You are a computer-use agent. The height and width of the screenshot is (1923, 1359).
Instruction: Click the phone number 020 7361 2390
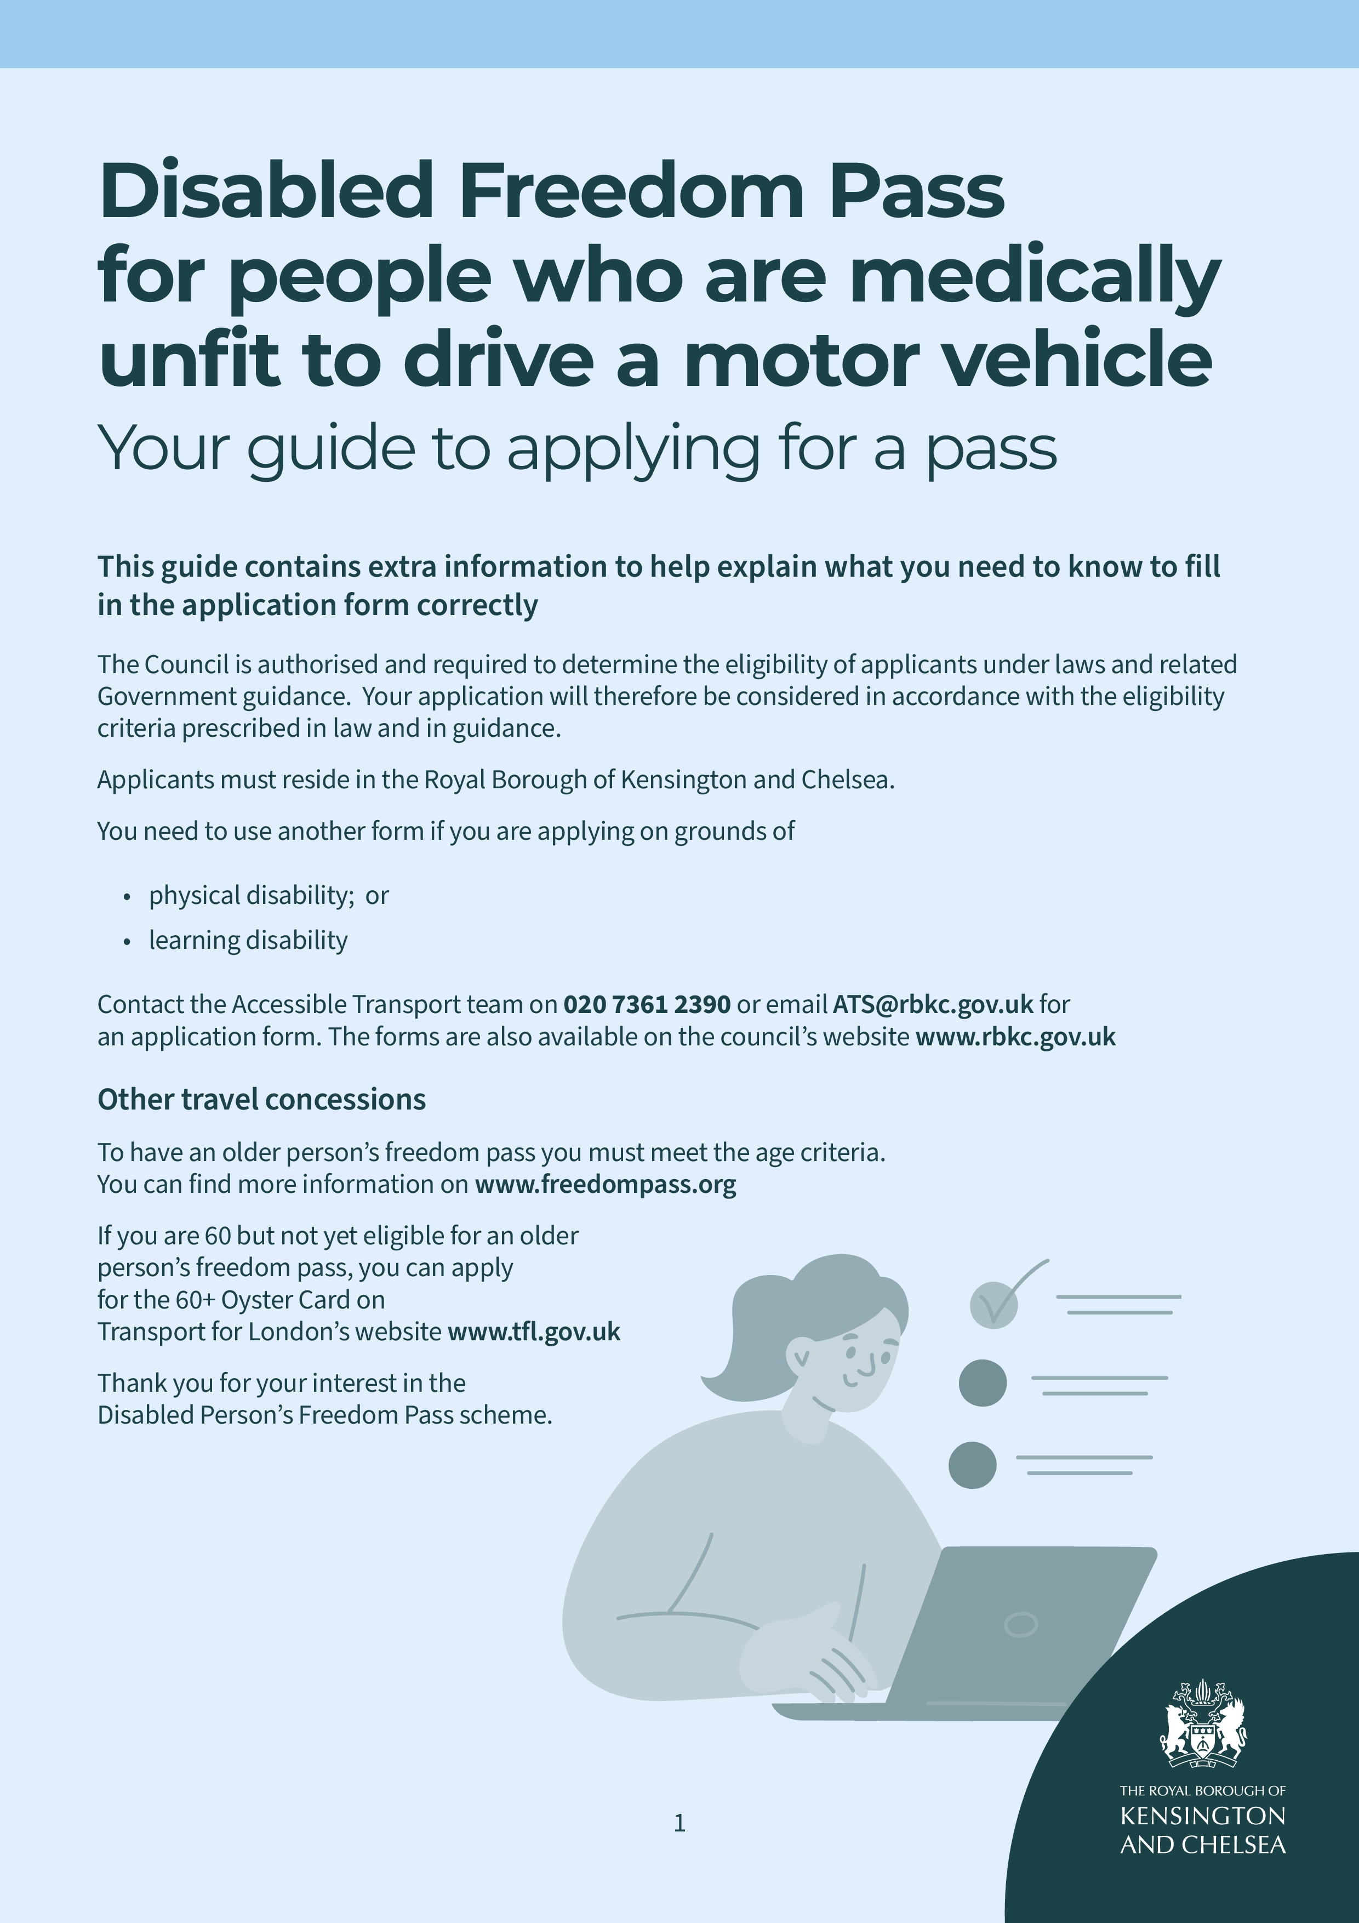coord(647,1004)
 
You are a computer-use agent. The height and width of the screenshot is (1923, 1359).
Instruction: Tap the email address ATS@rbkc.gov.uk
coord(932,1004)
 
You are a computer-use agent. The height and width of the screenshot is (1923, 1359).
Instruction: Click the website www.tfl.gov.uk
coord(534,1332)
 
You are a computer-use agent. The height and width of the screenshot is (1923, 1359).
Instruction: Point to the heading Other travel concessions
coord(261,1100)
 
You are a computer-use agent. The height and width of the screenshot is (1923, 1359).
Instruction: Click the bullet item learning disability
coord(248,941)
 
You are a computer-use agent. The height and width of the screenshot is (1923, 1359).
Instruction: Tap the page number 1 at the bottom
coord(679,1823)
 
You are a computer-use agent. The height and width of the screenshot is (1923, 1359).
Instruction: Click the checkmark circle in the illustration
coord(994,1305)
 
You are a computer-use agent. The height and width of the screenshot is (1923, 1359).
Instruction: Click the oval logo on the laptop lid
coord(1021,1625)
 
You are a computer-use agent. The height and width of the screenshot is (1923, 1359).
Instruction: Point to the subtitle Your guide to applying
coord(577,449)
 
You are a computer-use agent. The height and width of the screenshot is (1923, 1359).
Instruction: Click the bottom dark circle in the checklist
coord(972,1465)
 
